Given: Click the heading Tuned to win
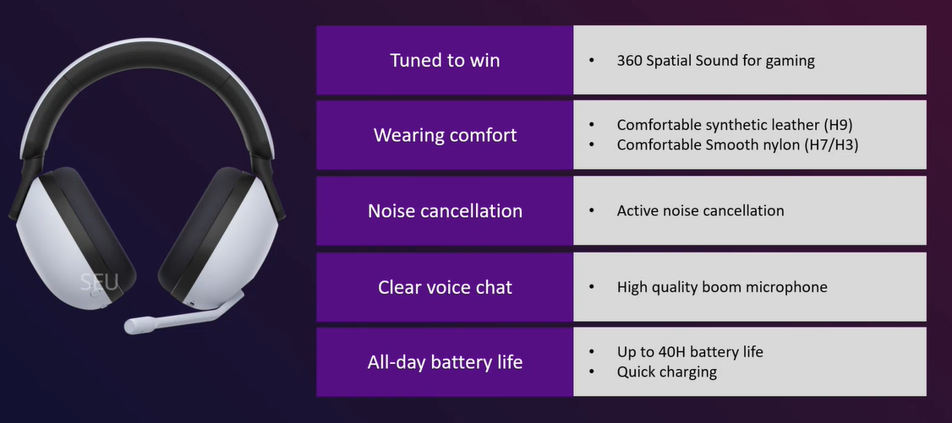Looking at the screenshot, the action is pyautogui.click(x=445, y=60).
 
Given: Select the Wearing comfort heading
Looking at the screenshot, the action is pyautogui.click(x=445, y=134).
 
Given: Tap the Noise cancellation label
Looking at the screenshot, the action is pyautogui.click(x=445, y=211).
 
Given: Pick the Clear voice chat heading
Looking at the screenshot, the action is pyautogui.click(x=445, y=287).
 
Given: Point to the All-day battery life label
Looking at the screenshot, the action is pyautogui.click(x=445, y=362).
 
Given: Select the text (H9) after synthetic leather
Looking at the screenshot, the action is pyautogui.click(x=839, y=126).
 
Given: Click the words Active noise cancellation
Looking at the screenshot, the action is pyautogui.click(x=700, y=211).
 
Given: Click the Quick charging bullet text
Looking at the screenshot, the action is pyautogui.click(x=666, y=372).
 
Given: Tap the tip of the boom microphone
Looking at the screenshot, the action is pyautogui.click(x=129, y=328).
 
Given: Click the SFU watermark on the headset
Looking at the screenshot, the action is pyautogui.click(x=100, y=281).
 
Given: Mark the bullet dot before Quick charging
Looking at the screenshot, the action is pyautogui.click(x=592, y=371).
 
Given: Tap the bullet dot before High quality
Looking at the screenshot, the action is pyautogui.click(x=592, y=287).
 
